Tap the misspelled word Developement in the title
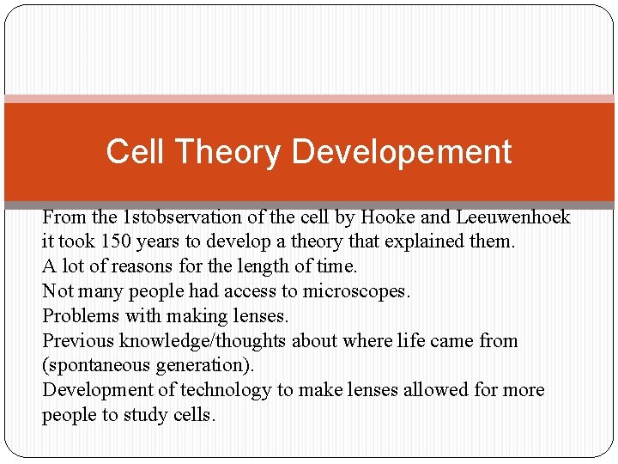[402, 152]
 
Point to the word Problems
[76, 316]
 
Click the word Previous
[78, 341]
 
